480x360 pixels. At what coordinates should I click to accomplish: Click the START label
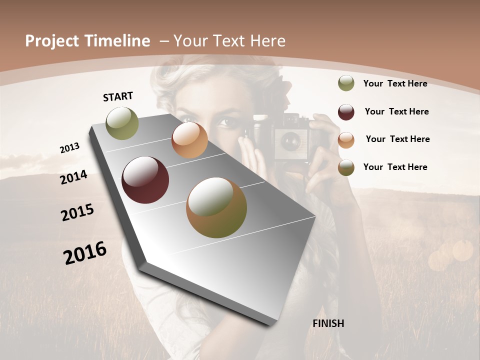coord(118,96)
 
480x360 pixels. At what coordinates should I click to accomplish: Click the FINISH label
coord(328,323)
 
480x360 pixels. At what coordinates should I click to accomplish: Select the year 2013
coord(69,148)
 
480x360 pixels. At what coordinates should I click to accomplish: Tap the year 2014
coord(73,177)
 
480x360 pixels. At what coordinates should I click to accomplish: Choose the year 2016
coord(85,252)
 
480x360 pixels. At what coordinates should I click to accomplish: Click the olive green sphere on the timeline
coord(122,123)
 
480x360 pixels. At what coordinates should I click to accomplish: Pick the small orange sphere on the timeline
coord(189,140)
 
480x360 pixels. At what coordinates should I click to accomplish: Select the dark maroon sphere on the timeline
coord(145,180)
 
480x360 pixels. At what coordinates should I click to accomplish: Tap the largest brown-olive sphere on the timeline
coord(216,207)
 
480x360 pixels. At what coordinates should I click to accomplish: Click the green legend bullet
coord(346,83)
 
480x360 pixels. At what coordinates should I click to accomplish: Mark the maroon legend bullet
coord(346,112)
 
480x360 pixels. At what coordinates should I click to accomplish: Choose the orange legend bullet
coord(346,140)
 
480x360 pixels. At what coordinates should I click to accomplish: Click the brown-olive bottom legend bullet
coord(346,167)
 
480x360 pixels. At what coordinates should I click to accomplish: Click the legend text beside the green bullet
coord(395,83)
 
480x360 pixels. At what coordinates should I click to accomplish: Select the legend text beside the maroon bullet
coord(396,111)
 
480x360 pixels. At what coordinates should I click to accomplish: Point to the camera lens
coord(289,142)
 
